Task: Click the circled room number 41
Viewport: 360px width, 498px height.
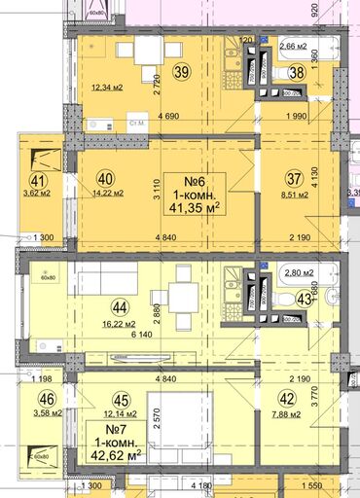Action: tap(39, 179)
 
